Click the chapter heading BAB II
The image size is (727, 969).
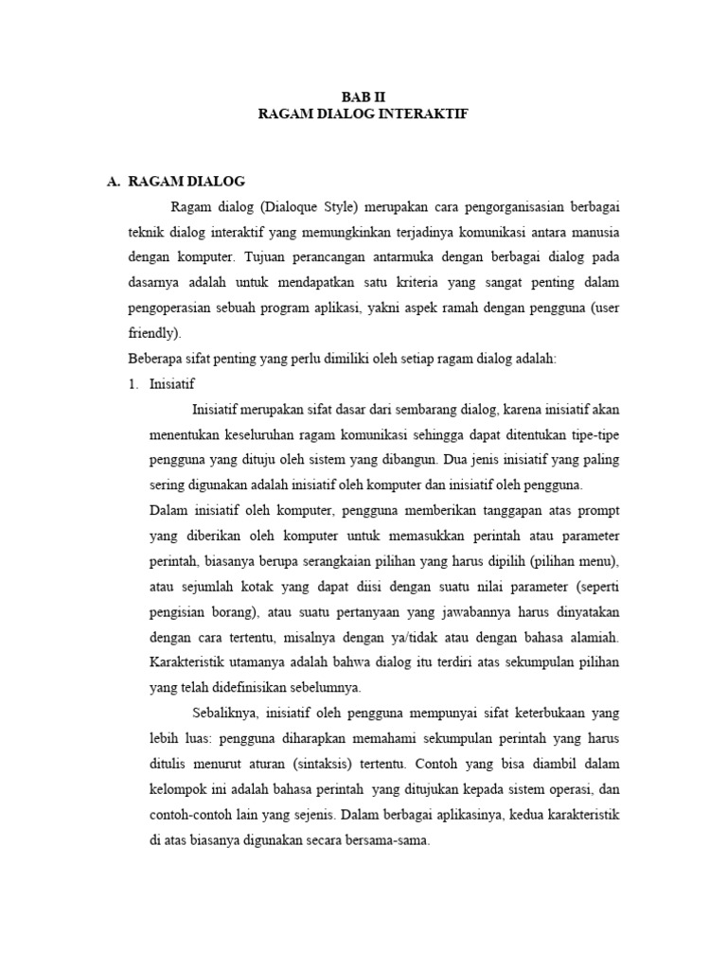coord(363,96)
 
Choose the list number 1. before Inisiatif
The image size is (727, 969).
coord(133,384)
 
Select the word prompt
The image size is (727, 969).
coord(598,511)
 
